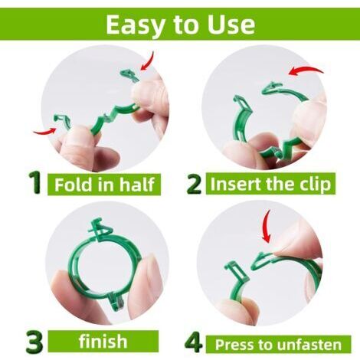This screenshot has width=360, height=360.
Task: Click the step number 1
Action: (35, 182)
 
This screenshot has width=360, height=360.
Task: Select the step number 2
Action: (194, 184)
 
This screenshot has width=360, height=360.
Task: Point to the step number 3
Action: (34, 342)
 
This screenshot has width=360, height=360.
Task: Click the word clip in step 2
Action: (316, 185)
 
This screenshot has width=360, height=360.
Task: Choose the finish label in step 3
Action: (103, 342)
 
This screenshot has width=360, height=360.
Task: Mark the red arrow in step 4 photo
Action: (266, 226)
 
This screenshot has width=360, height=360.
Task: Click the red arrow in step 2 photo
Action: (306, 70)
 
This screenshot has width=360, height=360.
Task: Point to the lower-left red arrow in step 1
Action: (44, 132)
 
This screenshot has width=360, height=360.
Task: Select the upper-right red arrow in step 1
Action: (149, 61)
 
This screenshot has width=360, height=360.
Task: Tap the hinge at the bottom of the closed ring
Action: (116, 302)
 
